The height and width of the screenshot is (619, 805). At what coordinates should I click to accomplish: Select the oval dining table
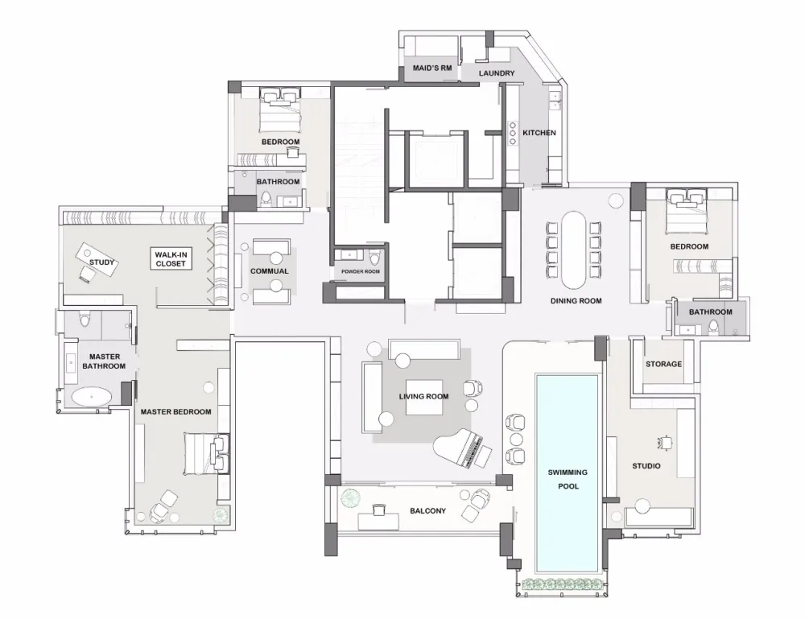coord(573,249)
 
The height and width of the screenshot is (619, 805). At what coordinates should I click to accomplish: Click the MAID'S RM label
coord(432,69)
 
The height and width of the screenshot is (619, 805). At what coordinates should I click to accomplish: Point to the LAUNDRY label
coord(497,74)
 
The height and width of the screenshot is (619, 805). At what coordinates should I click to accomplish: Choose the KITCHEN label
coord(539,133)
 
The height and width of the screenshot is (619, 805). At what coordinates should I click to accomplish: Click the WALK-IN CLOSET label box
coord(171,259)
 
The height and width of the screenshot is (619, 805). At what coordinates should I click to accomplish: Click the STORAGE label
coord(663,365)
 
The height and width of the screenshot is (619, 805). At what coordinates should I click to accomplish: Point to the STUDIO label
coord(646,466)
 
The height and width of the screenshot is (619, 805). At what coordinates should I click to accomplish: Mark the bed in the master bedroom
coord(203,456)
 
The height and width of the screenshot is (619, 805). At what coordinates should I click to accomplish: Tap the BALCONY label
coord(427,511)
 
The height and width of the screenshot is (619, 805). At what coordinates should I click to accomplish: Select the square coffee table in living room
coord(423,396)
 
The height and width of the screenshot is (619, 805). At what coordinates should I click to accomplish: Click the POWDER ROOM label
coord(360,272)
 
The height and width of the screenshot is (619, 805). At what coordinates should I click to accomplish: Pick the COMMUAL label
coord(269,271)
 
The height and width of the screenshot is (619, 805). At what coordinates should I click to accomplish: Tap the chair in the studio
coord(666,442)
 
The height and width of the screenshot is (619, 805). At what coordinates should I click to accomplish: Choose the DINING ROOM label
coord(576,301)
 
